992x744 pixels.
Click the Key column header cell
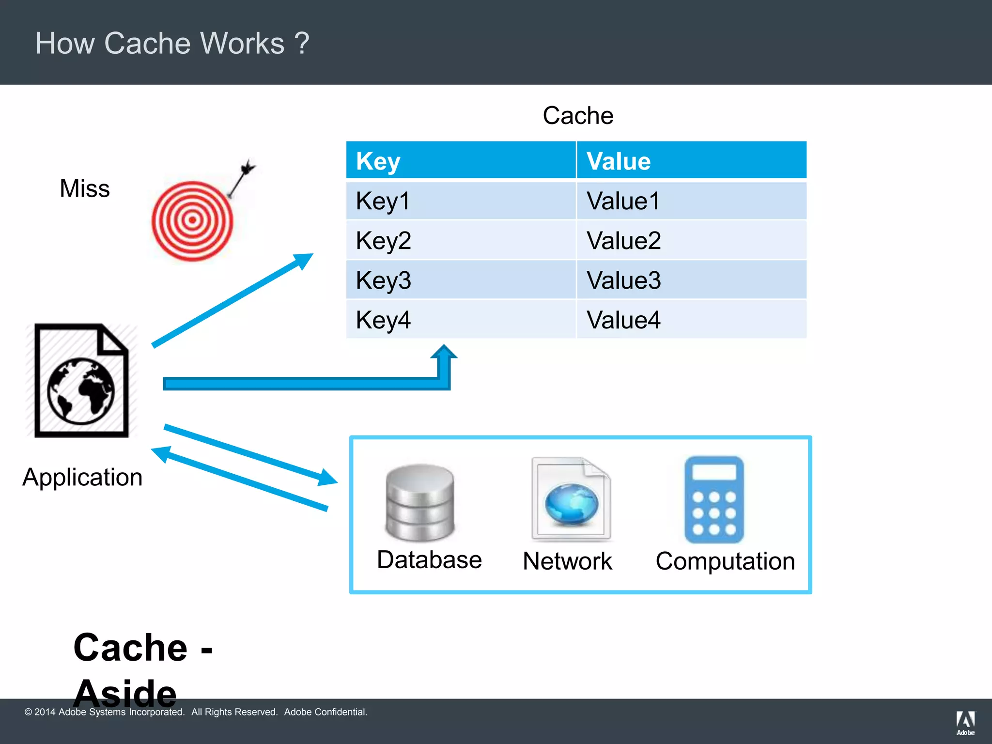click(460, 161)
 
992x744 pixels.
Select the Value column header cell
click(691, 161)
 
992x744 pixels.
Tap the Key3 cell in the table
click(460, 280)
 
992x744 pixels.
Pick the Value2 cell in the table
click(691, 240)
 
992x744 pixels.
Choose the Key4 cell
click(460, 320)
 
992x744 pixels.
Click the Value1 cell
click(691, 201)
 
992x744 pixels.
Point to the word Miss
click(85, 188)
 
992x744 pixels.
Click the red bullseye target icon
click(192, 221)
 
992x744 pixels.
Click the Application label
click(82, 477)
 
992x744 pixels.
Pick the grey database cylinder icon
click(420, 502)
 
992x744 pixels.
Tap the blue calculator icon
click(714, 500)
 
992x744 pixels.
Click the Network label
click(567, 561)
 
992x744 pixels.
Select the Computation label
click(725, 561)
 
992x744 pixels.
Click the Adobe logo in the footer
click(965, 722)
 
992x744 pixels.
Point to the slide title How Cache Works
click(172, 43)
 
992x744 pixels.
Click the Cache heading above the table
click(578, 116)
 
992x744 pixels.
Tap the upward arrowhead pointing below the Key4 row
click(444, 353)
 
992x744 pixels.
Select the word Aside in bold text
click(125, 693)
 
